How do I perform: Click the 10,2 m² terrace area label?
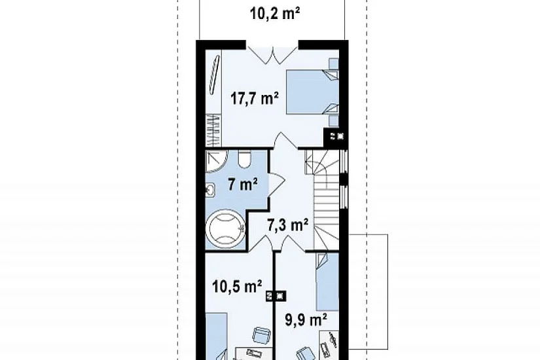click(x=274, y=14)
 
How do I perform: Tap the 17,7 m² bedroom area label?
click(x=255, y=99)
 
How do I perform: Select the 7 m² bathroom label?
click(x=242, y=185)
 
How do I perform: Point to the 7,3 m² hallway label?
click(x=287, y=225)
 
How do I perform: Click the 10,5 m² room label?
click(x=237, y=286)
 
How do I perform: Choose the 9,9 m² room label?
click(x=306, y=319)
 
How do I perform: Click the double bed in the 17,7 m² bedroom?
click(x=313, y=92)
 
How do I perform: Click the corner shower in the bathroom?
click(x=216, y=161)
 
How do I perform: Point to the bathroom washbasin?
click(x=210, y=190)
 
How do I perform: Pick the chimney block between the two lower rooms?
click(x=276, y=296)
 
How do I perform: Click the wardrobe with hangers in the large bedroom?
click(x=213, y=130)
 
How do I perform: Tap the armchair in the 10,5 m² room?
click(x=261, y=334)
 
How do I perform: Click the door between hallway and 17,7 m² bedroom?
click(x=285, y=141)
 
